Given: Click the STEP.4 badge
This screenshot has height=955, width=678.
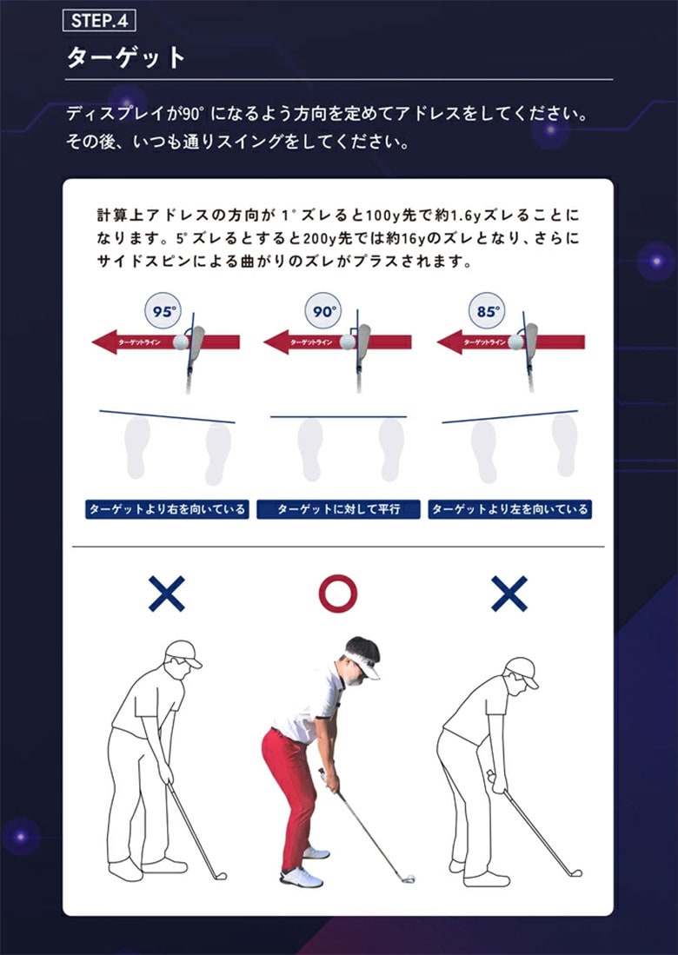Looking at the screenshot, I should (x=100, y=21).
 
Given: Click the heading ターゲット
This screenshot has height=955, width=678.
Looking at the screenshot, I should (x=127, y=58).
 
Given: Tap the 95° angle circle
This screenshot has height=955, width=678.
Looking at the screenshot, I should (x=164, y=310).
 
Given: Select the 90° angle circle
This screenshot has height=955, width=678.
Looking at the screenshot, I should (x=324, y=310).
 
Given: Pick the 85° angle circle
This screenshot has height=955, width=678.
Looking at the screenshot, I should (x=488, y=310).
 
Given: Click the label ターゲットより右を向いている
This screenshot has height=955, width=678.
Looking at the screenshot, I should (x=166, y=509).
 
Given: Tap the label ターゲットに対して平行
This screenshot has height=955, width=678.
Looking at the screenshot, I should (x=338, y=509).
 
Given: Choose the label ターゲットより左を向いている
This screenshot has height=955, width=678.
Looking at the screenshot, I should (x=509, y=509).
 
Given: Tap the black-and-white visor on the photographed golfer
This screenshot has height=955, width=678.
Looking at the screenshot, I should (x=361, y=652).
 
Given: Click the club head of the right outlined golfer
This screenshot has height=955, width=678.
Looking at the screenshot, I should (x=575, y=872).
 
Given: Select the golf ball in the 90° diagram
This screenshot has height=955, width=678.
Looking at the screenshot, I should (x=347, y=342).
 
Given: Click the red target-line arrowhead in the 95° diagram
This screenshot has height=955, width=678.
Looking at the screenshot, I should (x=105, y=342).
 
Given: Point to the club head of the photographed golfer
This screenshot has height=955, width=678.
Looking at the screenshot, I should (x=407, y=877).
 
